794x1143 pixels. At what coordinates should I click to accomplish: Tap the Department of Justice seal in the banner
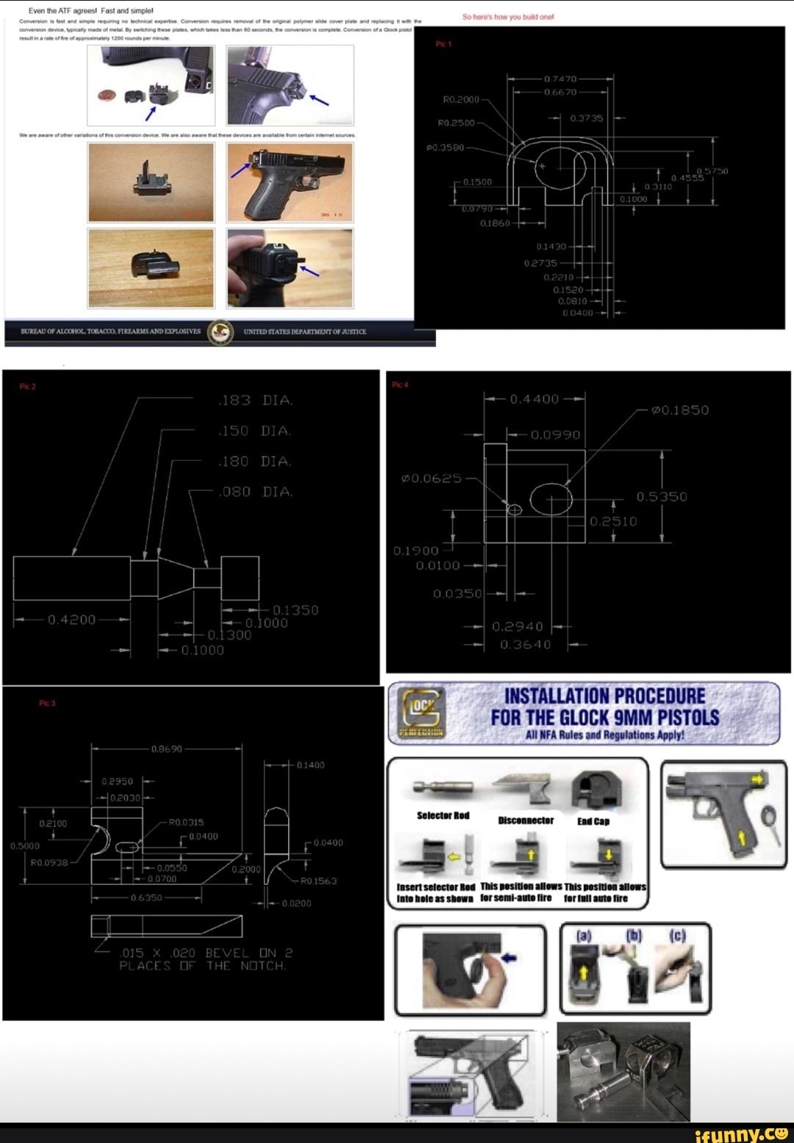[221, 332]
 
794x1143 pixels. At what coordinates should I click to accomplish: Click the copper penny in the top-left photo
[108, 95]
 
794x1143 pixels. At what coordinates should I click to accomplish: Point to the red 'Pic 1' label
[444, 45]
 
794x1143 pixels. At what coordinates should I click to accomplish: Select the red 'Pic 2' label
[27, 387]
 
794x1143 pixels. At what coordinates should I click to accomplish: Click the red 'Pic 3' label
[47, 703]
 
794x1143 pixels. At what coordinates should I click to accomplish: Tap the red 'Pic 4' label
[400, 385]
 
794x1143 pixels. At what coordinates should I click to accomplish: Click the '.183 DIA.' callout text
[255, 401]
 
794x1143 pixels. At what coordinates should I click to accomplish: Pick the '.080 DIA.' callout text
[255, 492]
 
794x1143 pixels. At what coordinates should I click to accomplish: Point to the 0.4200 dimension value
[71, 620]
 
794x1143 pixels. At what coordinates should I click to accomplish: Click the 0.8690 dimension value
[166, 749]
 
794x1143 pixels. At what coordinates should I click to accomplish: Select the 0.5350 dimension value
[662, 497]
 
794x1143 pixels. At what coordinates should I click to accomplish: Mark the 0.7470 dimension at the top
[560, 79]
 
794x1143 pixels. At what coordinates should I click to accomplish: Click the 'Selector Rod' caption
[443, 815]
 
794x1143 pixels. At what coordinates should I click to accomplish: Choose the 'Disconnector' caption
[526, 820]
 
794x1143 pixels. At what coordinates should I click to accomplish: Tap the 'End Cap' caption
[593, 821]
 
